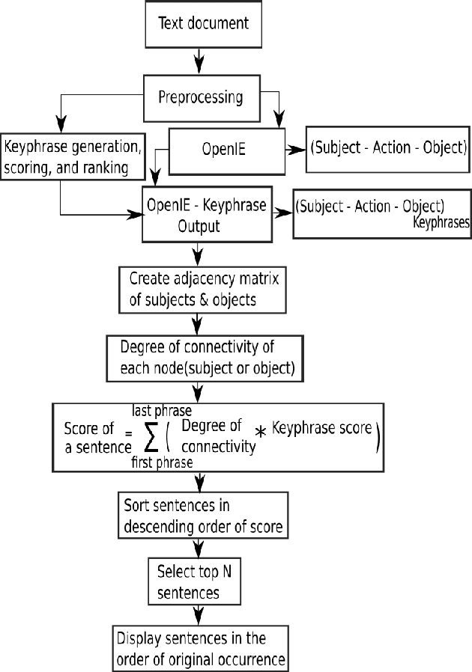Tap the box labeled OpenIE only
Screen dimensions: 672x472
click(x=226, y=149)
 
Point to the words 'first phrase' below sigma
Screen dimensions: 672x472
click(x=160, y=463)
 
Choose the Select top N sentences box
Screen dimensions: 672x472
click(x=194, y=581)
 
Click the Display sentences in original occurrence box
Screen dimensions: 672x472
click(x=200, y=648)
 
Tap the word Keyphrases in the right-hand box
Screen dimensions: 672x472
click(x=441, y=222)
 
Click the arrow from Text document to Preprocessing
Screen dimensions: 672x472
click(x=198, y=58)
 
